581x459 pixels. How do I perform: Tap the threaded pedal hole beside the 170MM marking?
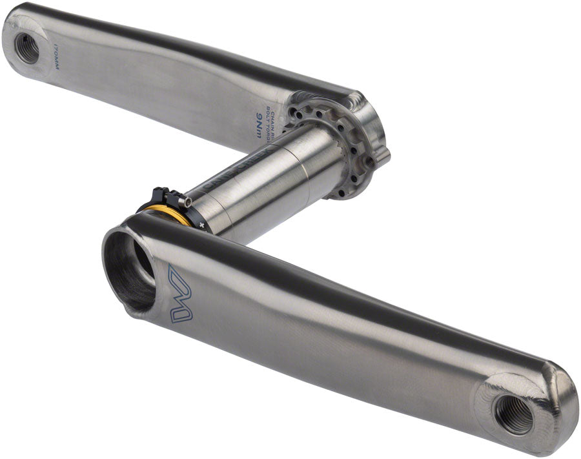coord(27,48)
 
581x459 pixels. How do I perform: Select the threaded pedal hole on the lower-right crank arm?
coord(514,414)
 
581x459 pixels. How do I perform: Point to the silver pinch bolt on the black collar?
coord(186,203)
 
